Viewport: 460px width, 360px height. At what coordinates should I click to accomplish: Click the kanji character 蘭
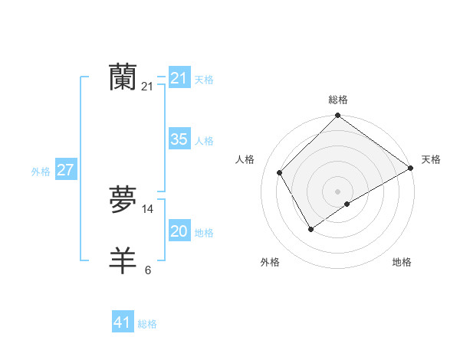point(123,78)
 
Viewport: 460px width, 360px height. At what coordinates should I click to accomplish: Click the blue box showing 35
point(179,139)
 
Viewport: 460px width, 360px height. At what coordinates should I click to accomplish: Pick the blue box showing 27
point(66,170)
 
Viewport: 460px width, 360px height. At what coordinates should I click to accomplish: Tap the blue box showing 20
point(179,231)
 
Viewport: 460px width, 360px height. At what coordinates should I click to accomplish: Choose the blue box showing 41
point(123,322)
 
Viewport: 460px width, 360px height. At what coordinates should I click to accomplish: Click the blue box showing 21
point(179,78)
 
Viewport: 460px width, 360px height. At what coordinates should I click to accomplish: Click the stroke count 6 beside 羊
point(148,270)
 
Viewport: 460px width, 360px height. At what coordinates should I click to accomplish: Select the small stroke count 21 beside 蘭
point(147,87)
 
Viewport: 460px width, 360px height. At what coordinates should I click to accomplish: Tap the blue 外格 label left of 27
point(41,172)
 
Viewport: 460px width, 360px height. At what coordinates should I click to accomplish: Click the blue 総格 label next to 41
point(147,324)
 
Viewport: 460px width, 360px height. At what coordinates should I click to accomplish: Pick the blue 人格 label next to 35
point(204,141)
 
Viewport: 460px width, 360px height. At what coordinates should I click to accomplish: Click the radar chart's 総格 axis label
point(337,100)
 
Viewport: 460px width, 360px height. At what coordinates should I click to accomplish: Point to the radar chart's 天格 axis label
point(431,159)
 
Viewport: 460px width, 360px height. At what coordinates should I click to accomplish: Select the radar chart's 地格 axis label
point(402,262)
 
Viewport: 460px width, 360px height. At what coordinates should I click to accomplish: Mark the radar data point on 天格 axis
point(410,168)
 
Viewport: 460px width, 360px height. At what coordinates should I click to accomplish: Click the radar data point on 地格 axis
point(347,204)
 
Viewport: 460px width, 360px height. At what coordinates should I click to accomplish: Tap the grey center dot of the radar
point(337,191)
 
